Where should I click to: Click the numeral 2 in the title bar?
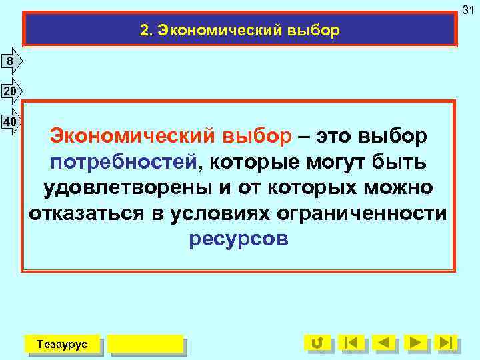[144, 31]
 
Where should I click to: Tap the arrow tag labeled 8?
[11, 62]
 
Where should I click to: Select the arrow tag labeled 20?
[11, 91]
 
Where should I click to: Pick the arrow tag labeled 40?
[11, 122]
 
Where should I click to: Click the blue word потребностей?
[125, 162]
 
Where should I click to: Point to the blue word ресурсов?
[239, 239]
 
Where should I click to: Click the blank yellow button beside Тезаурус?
[145, 343]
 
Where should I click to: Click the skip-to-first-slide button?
[351, 343]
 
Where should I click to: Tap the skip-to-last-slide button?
[445, 343]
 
